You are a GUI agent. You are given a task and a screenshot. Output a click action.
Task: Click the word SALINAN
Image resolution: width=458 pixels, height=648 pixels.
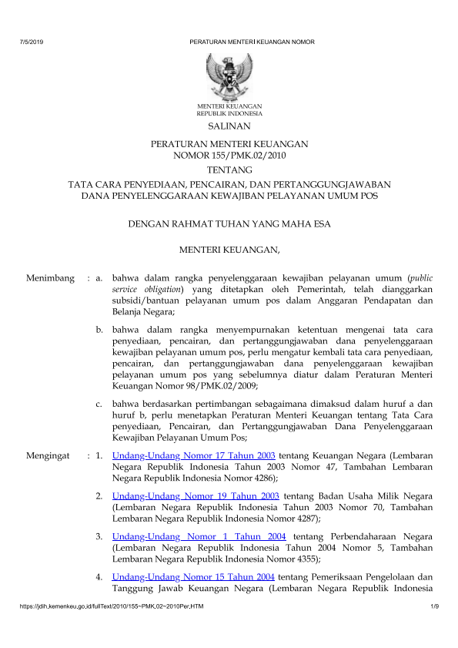(x=229, y=124)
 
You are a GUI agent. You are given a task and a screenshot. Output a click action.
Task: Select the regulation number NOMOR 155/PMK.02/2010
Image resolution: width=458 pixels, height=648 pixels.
(x=229, y=155)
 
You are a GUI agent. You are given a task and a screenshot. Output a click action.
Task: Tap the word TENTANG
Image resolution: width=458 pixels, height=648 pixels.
(x=229, y=170)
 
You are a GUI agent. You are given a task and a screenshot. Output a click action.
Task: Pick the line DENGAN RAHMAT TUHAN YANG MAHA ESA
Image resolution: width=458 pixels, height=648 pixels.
(x=229, y=224)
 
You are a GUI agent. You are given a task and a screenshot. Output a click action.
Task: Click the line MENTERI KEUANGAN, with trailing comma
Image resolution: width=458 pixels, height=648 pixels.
(x=229, y=250)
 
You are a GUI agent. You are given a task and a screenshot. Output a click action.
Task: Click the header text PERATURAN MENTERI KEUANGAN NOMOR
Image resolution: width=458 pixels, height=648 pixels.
(x=252, y=41)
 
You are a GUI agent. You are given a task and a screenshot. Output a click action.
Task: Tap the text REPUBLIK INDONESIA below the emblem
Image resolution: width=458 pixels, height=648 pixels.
(x=229, y=112)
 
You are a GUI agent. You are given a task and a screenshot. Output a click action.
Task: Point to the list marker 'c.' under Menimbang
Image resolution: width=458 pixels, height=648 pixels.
(x=100, y=401)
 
